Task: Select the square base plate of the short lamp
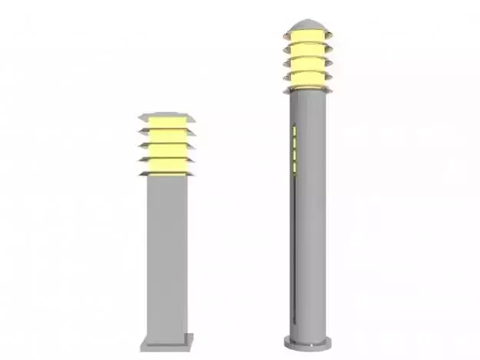point(167,341)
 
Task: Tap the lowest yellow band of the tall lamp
point(307,78)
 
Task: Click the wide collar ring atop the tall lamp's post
point(307,90)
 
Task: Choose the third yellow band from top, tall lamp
point(307,64)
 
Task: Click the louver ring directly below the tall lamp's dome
point(307,45)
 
